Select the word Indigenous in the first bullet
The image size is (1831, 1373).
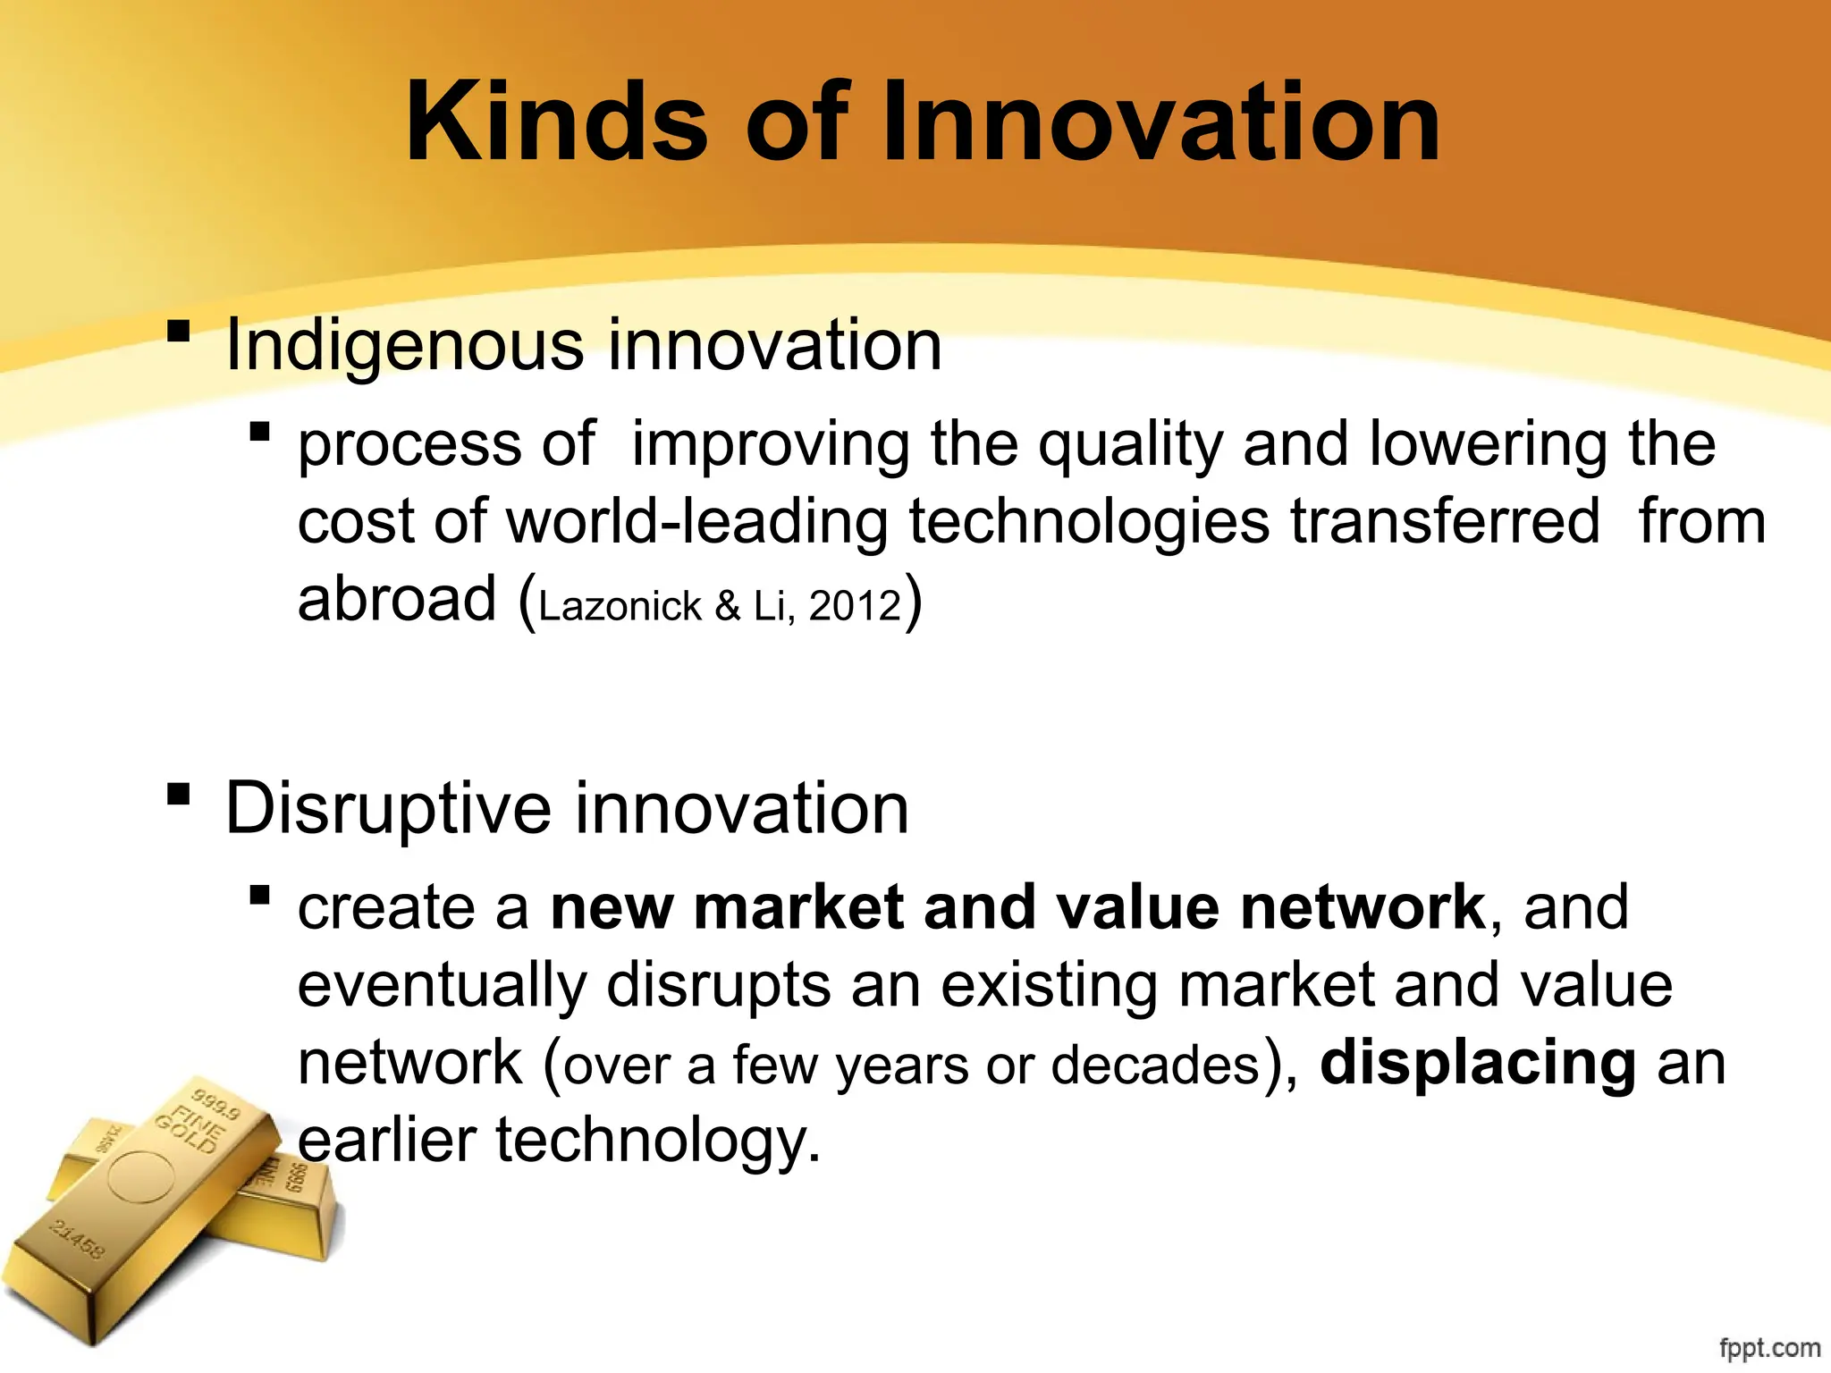pos(404,346)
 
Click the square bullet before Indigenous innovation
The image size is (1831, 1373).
pos(179,331)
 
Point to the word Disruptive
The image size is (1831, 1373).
pos(388,808)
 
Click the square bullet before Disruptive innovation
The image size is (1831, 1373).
pos(179,794)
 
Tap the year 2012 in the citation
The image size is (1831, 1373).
pos(855,606)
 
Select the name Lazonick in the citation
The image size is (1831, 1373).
pos(620,606)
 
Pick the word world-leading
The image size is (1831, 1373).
pos(697,521)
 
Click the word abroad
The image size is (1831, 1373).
pos(396,599)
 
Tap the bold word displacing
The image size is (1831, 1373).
pos(1477,1063)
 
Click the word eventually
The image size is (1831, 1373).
pos(442,985)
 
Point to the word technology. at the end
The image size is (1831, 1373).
pos(658,1141)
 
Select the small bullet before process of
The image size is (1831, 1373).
pos(259,433)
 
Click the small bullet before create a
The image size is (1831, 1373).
pos(259,895)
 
